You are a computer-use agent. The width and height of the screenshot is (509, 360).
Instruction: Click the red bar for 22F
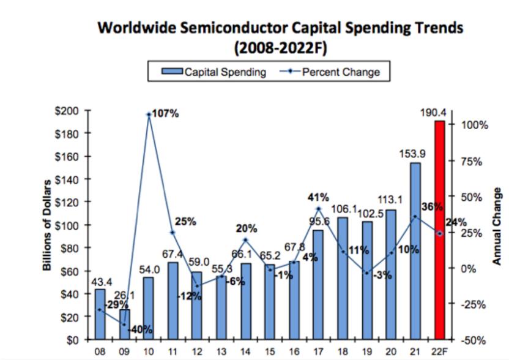[439, 230]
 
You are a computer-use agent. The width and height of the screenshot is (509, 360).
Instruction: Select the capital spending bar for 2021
[415, 251]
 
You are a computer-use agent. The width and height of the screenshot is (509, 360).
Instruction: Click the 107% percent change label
[166, 113]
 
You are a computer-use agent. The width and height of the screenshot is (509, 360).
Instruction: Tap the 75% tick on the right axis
[472, 162]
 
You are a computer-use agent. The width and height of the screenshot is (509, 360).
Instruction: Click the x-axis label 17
[318, 352]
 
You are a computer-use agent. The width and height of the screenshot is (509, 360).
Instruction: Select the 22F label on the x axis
[439, 352]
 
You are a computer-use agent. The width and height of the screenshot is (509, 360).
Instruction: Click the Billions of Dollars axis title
[47, 225]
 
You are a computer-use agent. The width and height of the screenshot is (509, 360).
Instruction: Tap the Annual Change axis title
[497, 225]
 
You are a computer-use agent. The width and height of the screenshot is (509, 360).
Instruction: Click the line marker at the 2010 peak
[149, 114]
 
